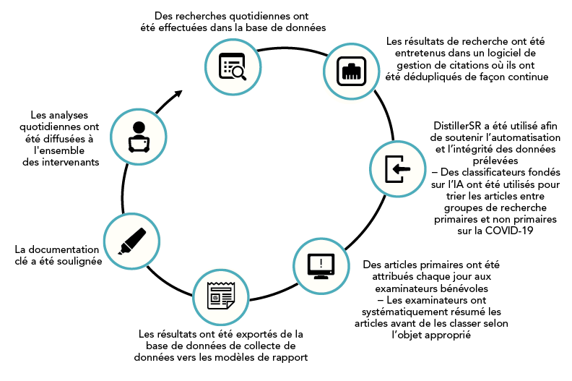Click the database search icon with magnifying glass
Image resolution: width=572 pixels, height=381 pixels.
click(233, 66)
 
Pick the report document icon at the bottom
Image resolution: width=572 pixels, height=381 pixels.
click(220, 296)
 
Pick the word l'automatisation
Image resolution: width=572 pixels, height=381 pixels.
click(506, 137)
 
